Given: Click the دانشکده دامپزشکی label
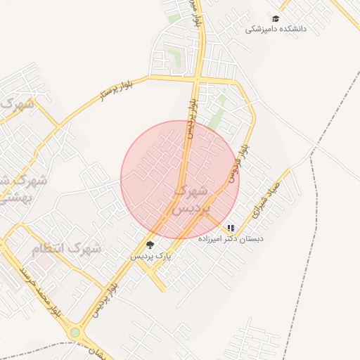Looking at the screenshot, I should click(276, 30).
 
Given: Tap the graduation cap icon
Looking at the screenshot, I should click(276, 18).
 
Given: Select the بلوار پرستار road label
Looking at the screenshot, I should click(112, 91).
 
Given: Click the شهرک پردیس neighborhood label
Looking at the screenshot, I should click(188, 200).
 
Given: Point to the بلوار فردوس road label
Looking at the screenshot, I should click(238, 159).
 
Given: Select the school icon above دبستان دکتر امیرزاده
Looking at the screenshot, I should click(231, 228).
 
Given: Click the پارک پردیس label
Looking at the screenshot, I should click(150, 257).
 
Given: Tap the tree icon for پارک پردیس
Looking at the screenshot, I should click(150, 245).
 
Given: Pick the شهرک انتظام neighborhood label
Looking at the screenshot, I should click(67, 248).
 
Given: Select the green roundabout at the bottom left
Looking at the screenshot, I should click(75, 332).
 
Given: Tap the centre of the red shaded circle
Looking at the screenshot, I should click(180, 180).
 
